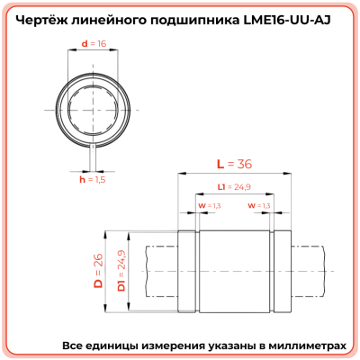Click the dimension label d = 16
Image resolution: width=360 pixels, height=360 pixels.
point(93,42)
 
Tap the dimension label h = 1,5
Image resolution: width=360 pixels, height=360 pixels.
point(93,179)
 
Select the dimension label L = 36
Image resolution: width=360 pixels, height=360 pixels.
point(232,164)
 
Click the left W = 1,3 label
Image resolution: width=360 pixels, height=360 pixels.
point(208,206)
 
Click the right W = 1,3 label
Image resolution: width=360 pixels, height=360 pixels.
point(258,206)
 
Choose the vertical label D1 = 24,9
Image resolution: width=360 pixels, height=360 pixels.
point(119,272)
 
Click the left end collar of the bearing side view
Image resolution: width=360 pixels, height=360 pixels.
point(188,271)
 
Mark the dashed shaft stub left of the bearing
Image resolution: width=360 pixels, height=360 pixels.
point(153,271)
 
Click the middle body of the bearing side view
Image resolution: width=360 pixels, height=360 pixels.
point(234,271)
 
